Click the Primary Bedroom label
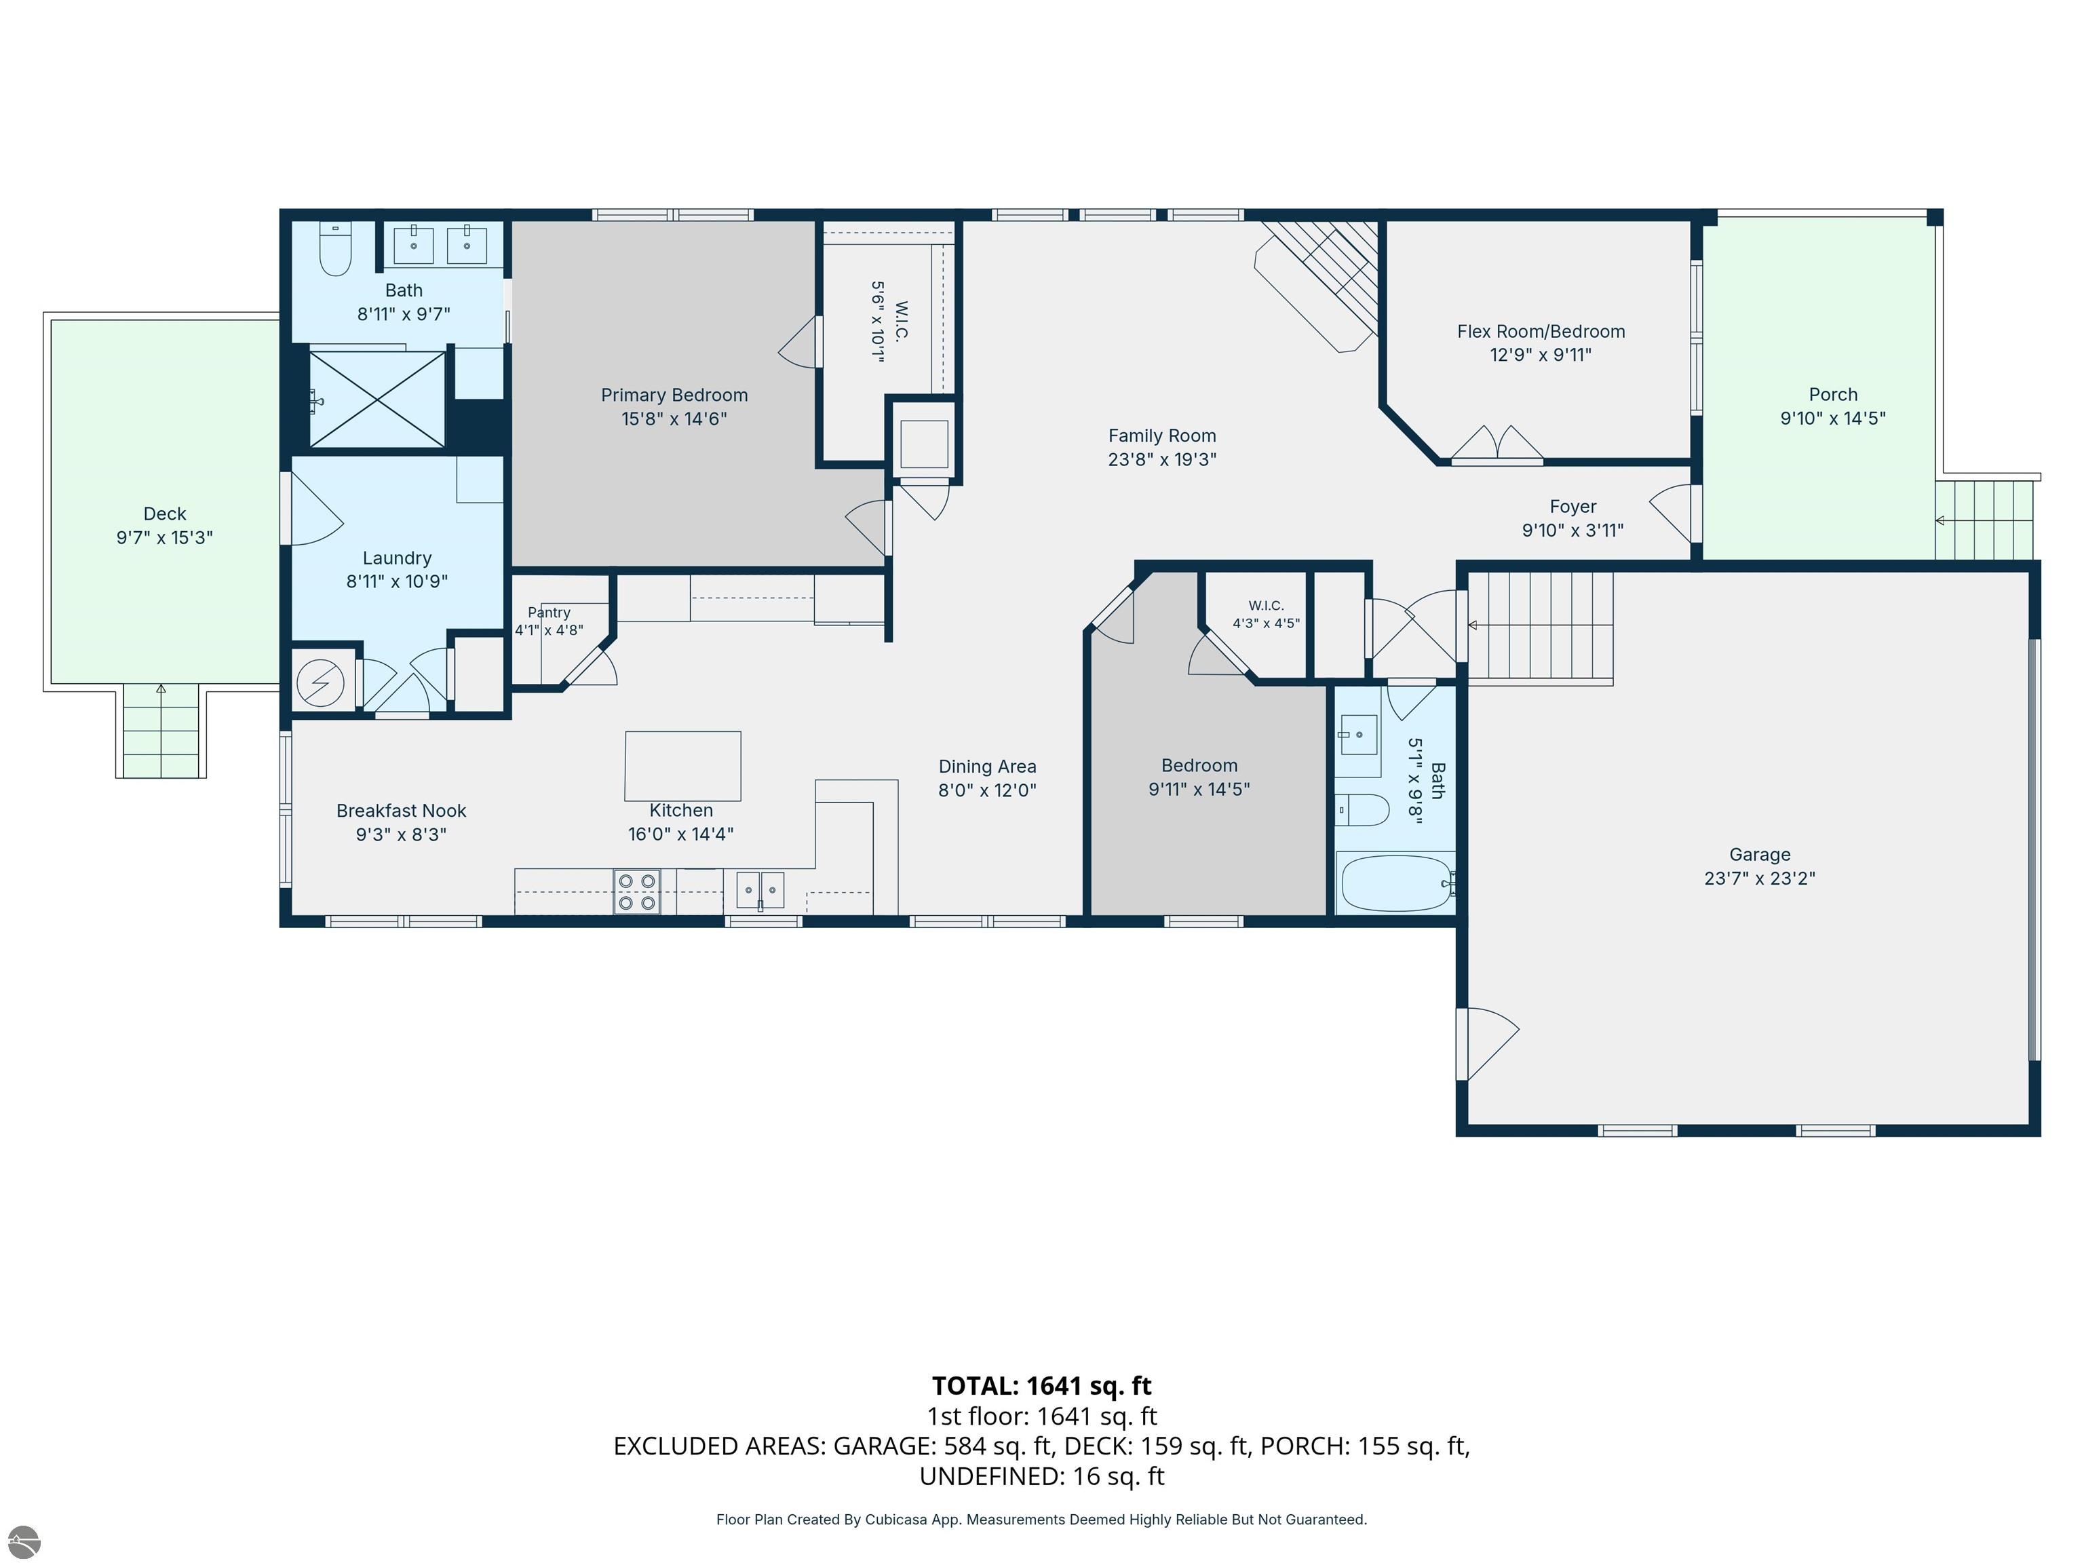pos(674,395)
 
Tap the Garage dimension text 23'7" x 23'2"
pos(1759,878)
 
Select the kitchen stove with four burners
pos(637,891)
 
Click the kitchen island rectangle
pos(683,766)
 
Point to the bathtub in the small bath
pos(1396,883)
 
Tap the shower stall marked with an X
pos(377,400)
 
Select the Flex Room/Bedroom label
pos(1541,332)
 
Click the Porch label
pos(1832,395)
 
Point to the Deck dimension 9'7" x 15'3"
pos(165,537)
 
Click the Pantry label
pos(549,613)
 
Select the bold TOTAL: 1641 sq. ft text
pos(1041,1386)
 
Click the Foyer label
pos(1572,507)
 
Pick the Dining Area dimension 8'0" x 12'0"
pos(986,790)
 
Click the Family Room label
pos(1161,436)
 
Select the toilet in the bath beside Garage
pos(1362,809)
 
